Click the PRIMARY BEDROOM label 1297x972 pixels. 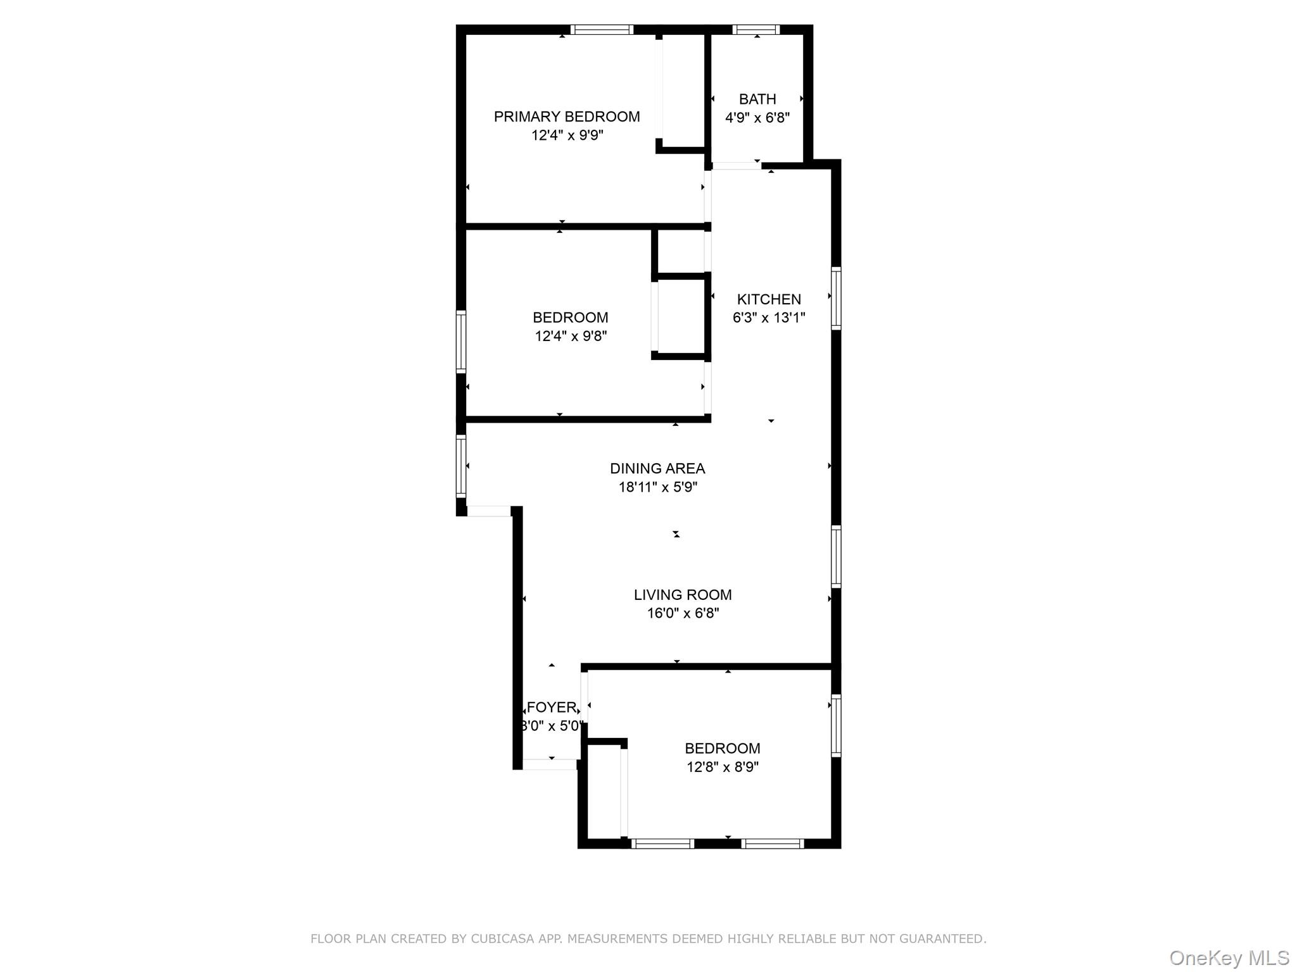(x=566, y=116)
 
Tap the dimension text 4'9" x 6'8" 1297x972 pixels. (x=757, y=118)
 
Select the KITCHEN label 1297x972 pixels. (x=768, y=299)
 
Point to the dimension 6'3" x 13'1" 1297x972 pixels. (x=768, y=318)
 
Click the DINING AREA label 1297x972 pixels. (x=657, y=468)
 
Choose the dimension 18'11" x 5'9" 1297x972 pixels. (x=657, y=487)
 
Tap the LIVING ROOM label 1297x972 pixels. (x=682, y=595)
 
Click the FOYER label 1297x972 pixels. (x=552, y=707)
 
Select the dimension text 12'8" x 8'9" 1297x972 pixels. (x=722, y=767)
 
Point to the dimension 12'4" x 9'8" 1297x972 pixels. (x=570, y=336)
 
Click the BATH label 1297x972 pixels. (x=757, y=99)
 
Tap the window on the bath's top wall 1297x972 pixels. (x=756, y=29)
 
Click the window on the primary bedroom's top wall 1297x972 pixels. (x=601, y=29)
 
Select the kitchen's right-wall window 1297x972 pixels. (x=836, y=298)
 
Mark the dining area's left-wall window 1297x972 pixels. (x=461, y=466)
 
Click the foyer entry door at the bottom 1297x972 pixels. (x=550, y=764)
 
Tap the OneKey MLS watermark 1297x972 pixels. (x=1229, y=957)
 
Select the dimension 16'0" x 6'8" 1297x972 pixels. (x=682, y=613)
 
